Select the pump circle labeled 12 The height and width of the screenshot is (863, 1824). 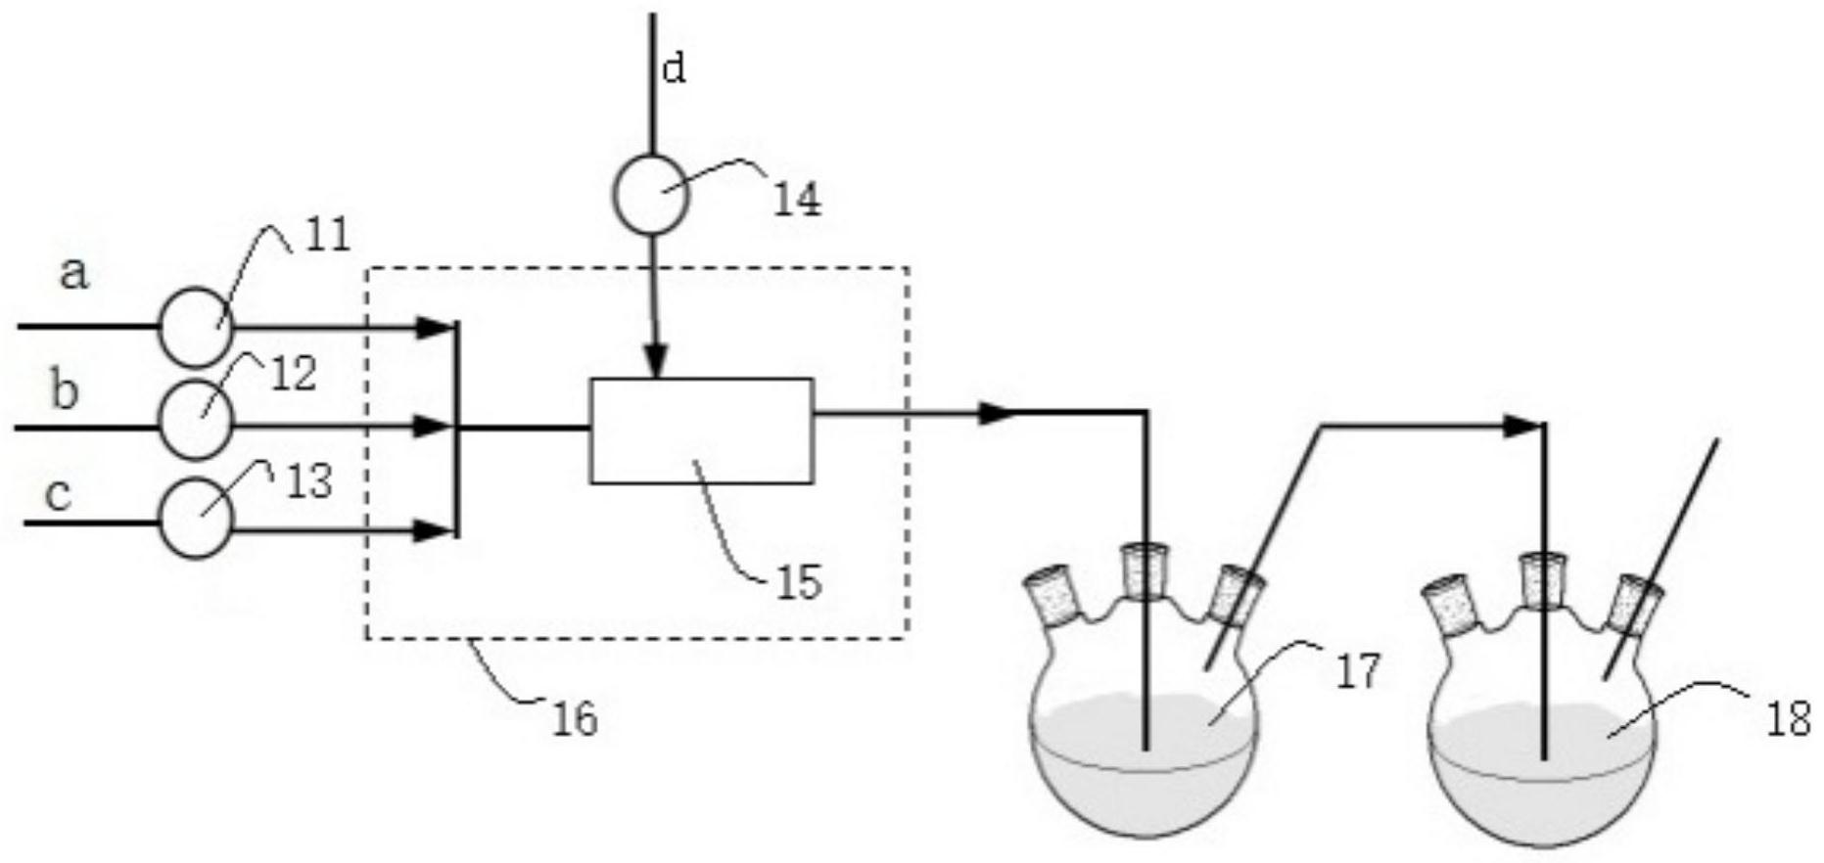(196, 419)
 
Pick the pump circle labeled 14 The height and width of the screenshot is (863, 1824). (651, 194)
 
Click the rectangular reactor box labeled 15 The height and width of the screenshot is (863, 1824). (701, 431)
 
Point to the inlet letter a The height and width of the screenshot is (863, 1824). (73, 274)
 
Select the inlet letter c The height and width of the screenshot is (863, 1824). (60, 494)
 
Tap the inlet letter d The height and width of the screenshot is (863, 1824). (675, 68)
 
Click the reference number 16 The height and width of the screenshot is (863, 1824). (575, 719)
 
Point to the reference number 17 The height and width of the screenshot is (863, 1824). (1357, 672)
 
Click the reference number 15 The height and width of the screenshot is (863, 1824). (799, 583)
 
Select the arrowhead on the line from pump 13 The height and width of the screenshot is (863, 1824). (433, 531)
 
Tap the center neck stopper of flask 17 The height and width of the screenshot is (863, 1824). (1141, 568)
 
